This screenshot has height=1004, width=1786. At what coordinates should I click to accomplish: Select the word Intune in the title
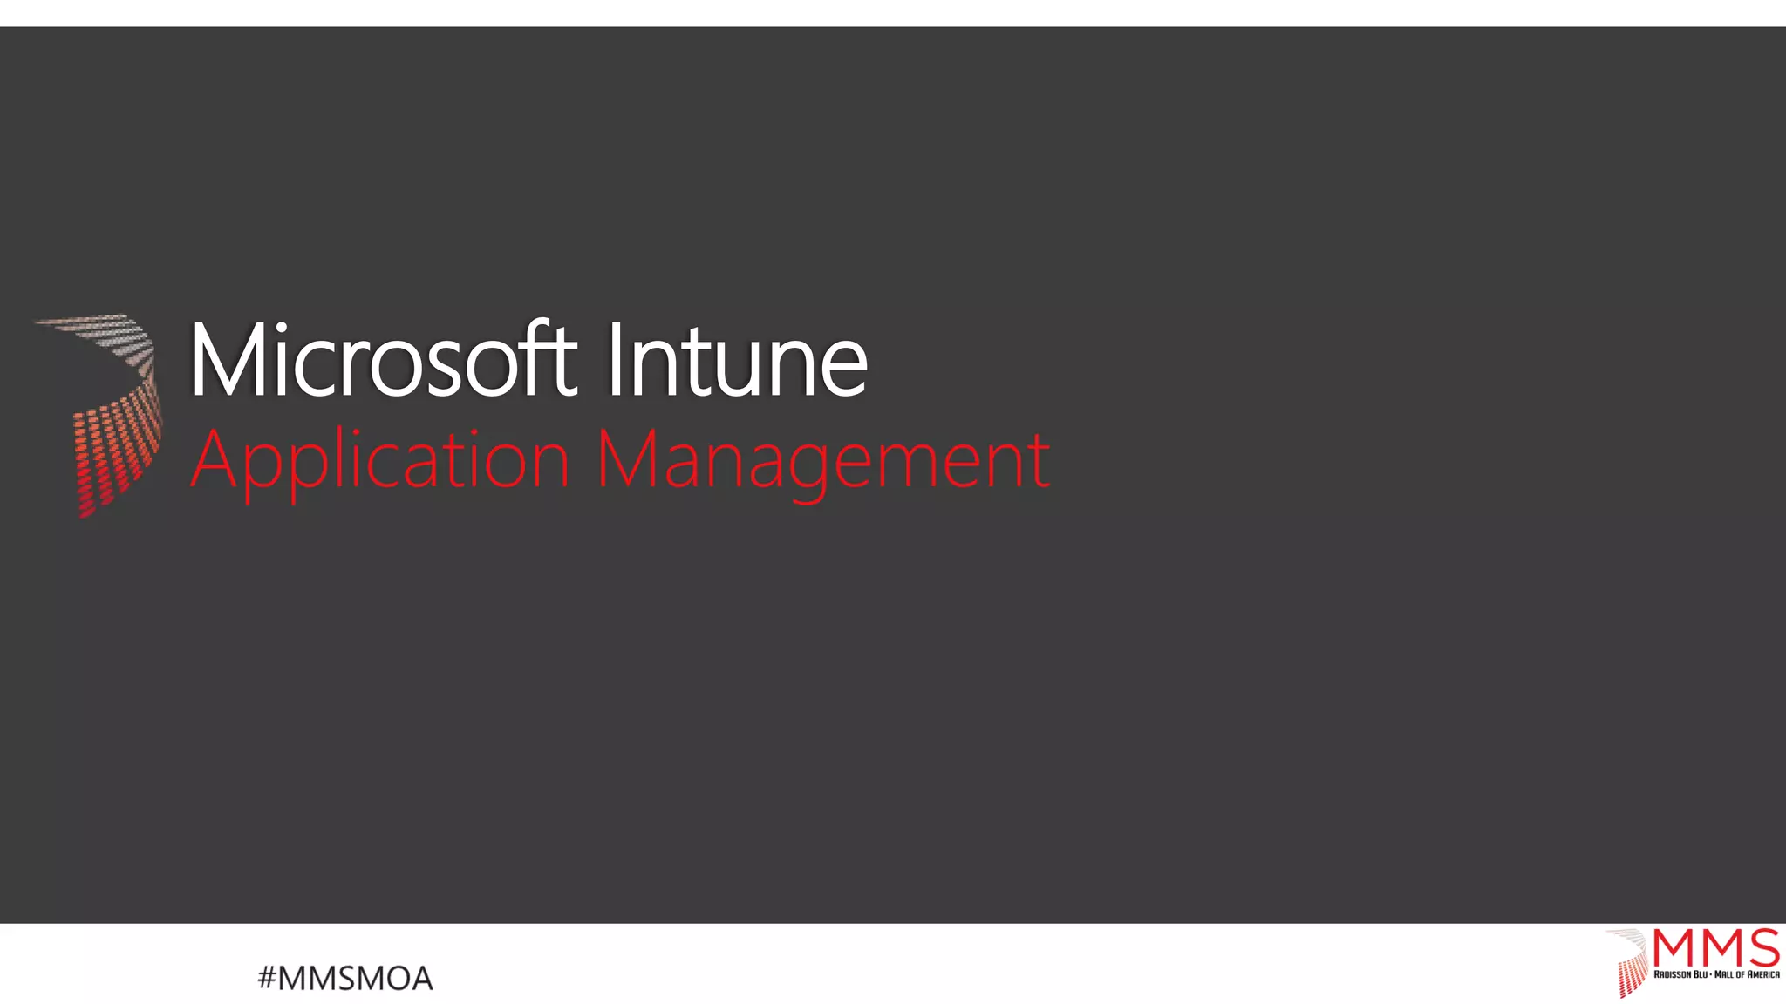[737, 360]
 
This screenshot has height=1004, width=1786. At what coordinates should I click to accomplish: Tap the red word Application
[380, 461]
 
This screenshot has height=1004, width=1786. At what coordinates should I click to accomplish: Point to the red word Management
[823, 461]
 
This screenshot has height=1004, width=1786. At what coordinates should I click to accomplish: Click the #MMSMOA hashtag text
[345, 979]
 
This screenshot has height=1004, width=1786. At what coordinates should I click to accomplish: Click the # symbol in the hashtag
[266, 979]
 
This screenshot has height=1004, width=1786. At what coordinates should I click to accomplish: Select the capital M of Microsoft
[227, 360]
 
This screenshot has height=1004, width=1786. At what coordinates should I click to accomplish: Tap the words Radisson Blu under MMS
[1680, 974]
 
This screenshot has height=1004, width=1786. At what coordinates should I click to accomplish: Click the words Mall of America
[1747, 974]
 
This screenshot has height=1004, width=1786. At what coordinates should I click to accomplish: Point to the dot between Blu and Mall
[1711, 974]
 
